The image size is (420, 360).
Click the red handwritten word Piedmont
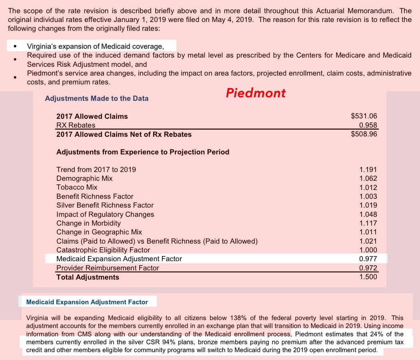256,93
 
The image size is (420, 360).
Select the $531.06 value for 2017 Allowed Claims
364,116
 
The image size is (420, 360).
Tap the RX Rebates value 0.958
368,125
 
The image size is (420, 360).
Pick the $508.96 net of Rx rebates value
364,134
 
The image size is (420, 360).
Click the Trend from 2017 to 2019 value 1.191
368,170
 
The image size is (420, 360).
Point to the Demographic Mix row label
84,178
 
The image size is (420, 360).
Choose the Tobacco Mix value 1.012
368,188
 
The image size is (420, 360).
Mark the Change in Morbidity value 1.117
368,223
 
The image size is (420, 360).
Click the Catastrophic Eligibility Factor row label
103,250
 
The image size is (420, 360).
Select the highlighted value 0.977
368,259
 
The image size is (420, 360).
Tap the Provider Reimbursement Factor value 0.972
368,268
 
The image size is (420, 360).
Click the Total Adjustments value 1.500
368,277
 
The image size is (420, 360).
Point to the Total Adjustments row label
88,277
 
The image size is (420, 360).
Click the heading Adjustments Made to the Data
96,98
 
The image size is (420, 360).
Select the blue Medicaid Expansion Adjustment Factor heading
87,302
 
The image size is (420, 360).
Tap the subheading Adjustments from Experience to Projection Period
143,152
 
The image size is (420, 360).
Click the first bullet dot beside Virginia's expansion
15,46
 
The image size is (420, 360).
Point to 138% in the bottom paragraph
239,318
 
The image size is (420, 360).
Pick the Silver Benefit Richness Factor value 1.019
368,205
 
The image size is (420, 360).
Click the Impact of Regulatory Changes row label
105,214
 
